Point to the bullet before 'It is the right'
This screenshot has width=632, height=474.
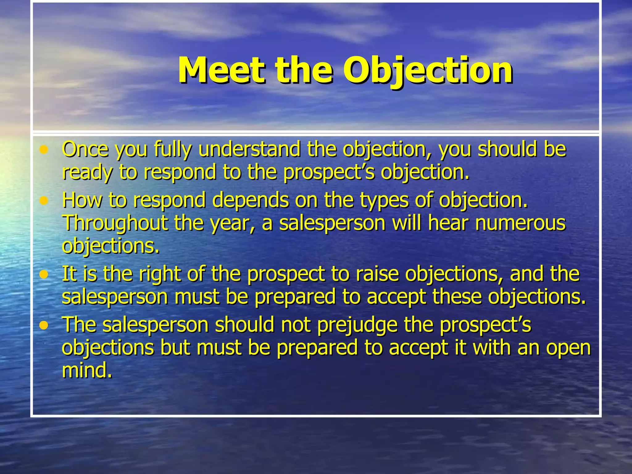click(x=44, y=274)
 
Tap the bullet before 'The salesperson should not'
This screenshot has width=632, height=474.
click(x=44, y=325)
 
